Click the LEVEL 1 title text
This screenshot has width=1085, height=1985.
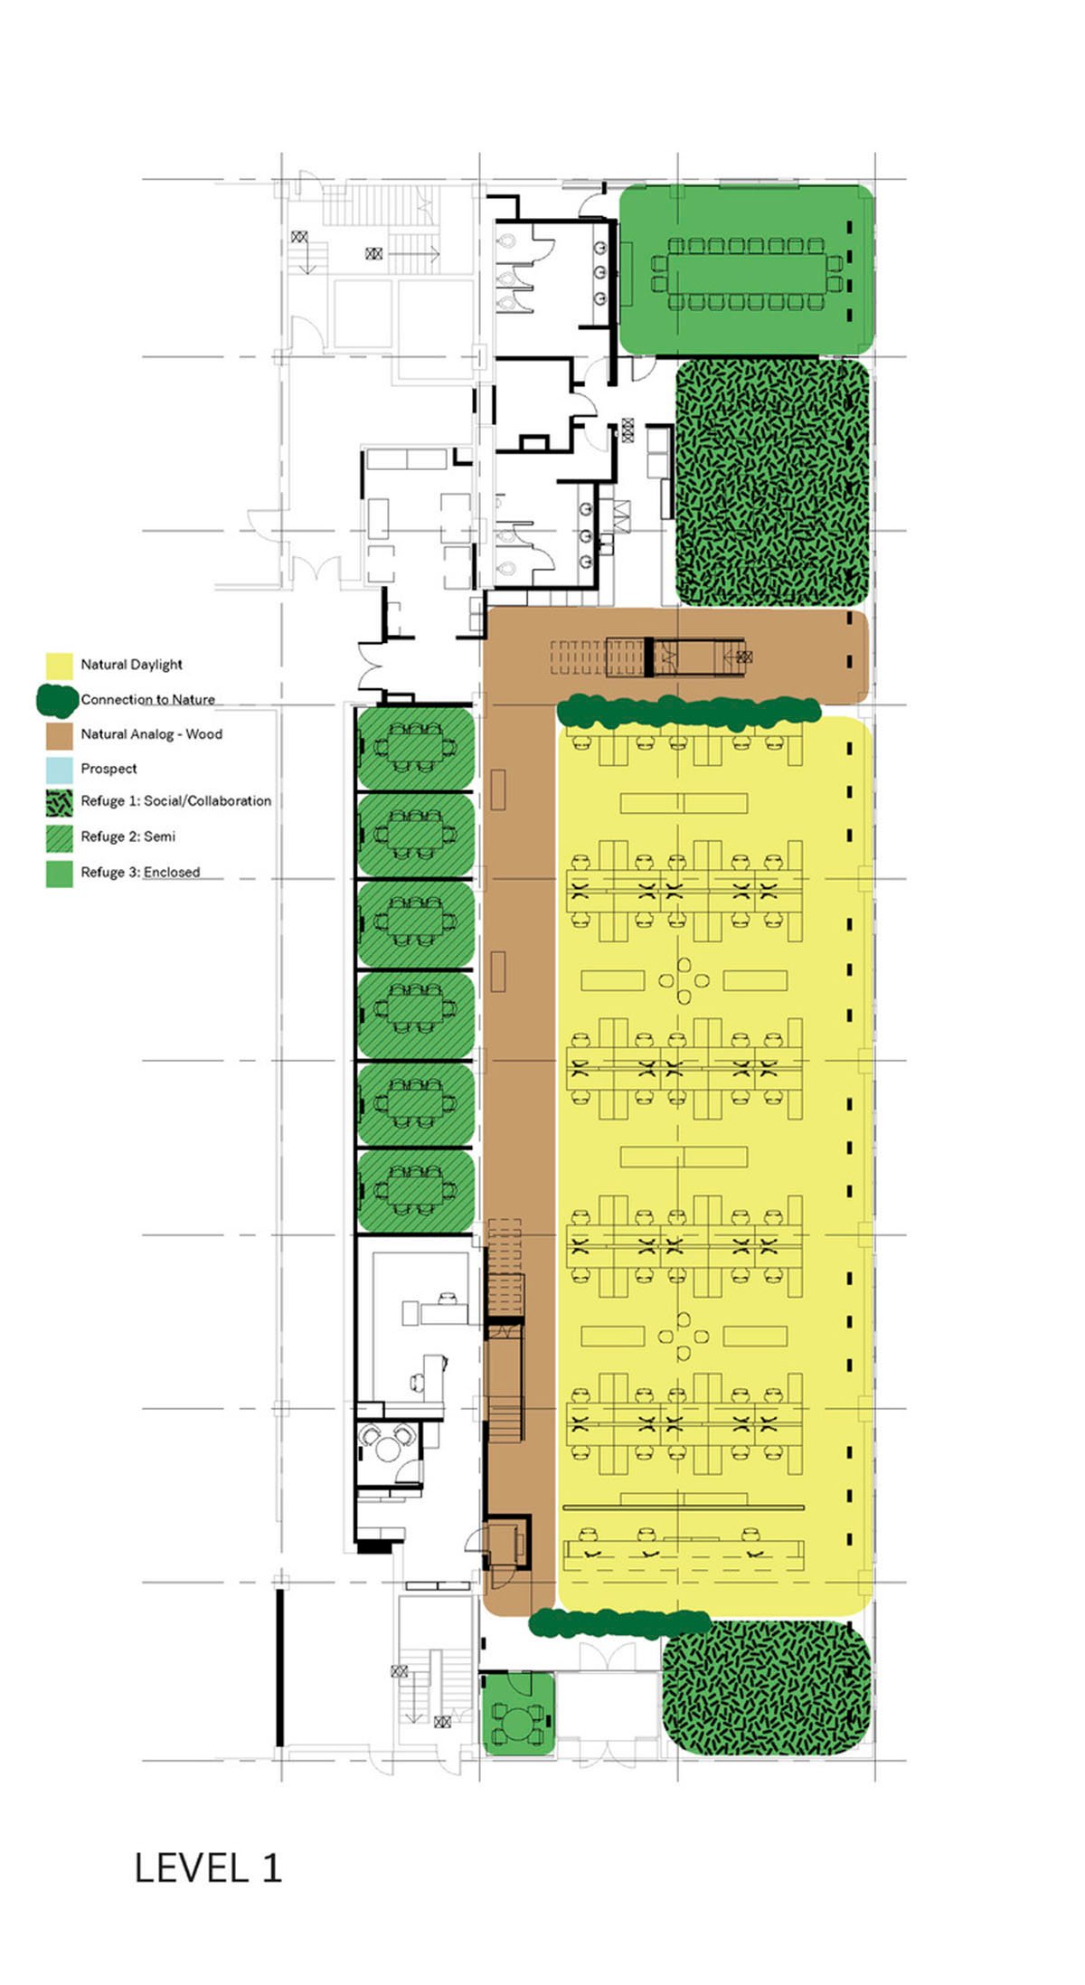(208, 1868)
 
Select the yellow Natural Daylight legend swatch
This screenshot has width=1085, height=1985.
(59, 666)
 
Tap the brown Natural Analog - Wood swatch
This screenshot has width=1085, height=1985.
(59, 735)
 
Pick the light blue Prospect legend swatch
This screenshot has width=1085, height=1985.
(59, 770)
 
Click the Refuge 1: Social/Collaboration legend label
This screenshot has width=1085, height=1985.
(175, 801)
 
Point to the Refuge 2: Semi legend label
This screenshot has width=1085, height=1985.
(127, 837)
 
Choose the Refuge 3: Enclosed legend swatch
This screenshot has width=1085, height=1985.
(59, 873)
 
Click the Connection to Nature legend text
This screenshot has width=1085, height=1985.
(147, 699)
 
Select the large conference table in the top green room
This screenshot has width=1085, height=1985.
(746, 272)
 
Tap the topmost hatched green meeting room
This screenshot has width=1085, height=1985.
(415, 749)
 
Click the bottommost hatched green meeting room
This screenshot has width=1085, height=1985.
(415, 1191)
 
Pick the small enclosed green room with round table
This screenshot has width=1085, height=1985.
(517, 1715)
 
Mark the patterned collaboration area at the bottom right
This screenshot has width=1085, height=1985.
(766, 1687)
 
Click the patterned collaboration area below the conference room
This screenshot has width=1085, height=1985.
(772, 483)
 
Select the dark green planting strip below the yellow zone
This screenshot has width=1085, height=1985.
(619, 1623)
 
